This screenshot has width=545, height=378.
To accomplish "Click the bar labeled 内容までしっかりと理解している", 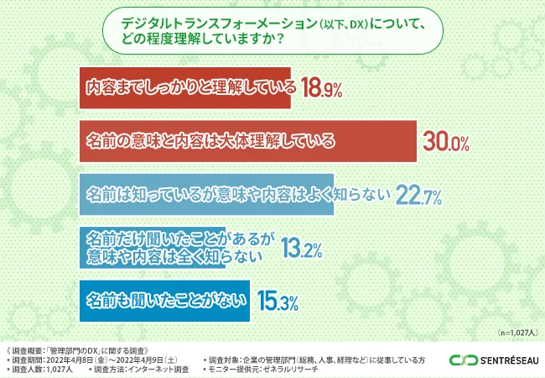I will [x=184, y=88].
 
